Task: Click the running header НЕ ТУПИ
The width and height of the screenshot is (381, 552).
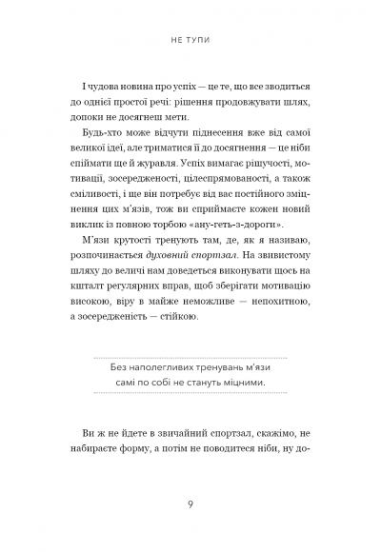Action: [190, 42]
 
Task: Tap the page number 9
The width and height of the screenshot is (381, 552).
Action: [190, 505]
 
